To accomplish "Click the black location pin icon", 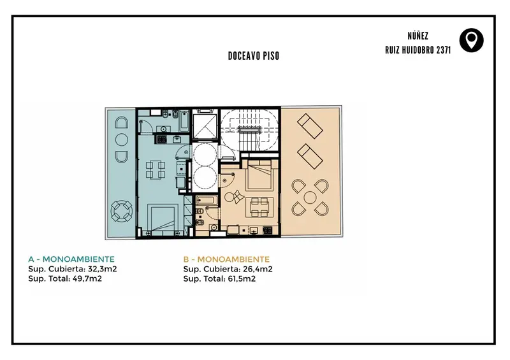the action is click(x=471, y=40).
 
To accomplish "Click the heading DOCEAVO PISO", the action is click(x=254, y=56).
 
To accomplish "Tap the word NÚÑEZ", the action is click(x=418, y=36).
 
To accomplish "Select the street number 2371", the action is click(x=444, y=50).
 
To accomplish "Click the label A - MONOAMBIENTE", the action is click(x=71, y=259).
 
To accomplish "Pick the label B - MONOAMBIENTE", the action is click(x=226, y=259).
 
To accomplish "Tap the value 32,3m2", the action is click(x=102, y=269).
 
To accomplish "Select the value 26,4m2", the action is click(x=258, y=269).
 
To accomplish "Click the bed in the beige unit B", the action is click(x=259, y=175).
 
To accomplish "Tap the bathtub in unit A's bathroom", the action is click(x=184, y=120).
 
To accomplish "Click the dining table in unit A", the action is click(x=156, y=169).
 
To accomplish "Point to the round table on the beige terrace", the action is click(x=310, y=198).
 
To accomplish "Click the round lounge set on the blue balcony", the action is click(x=122, y=211).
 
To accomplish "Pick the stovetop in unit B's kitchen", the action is click(x=267, y=231).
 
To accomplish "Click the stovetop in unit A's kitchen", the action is click(x=162, y=140).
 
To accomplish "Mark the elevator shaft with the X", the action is click(x=204, y=127).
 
